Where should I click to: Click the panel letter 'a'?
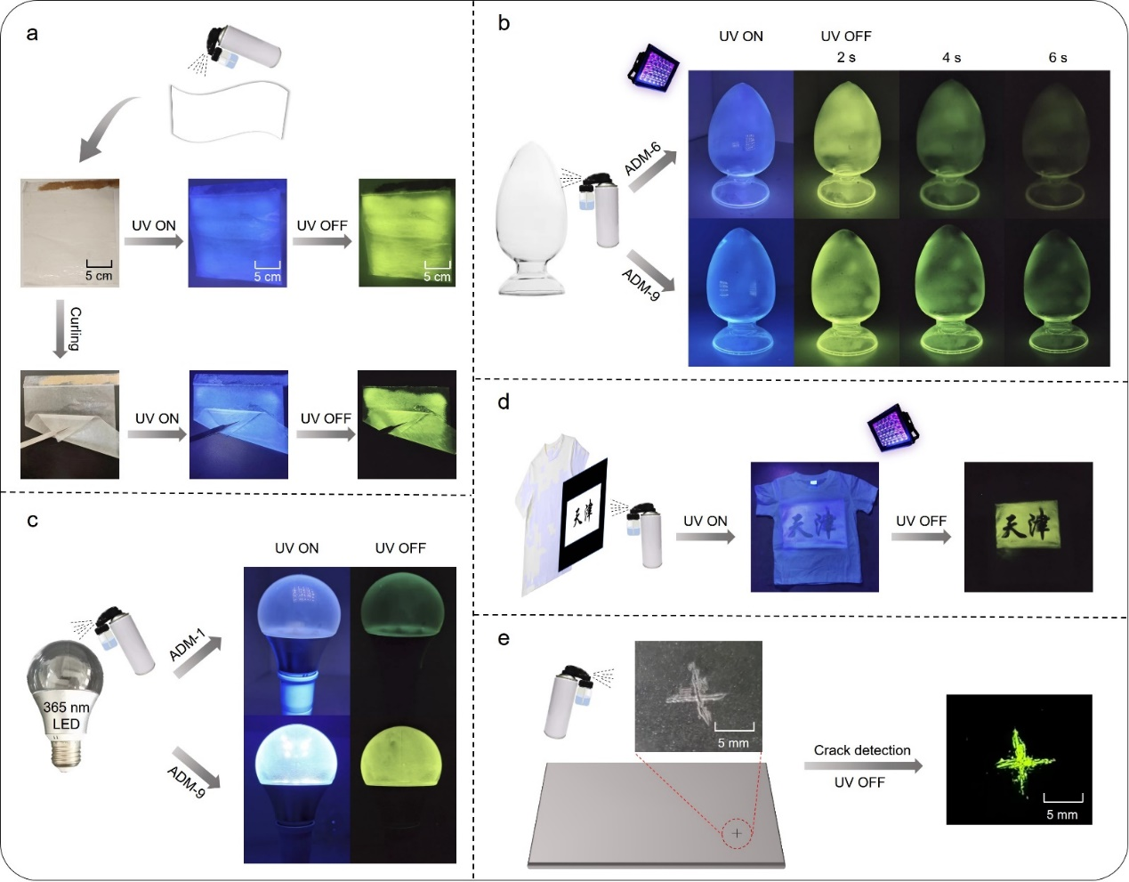[32, 35]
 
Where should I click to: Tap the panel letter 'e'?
[504, 639]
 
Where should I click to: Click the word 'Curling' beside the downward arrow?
[76, 329]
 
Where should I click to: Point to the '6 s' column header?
[1057, 58]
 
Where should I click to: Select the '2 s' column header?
[846, 57]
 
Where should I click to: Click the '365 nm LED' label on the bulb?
[66, 716]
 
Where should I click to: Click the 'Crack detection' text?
[862, 750]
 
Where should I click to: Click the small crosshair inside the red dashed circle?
[737, 833]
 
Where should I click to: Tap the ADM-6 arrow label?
[642, 159]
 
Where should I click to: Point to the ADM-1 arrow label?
[188, 645]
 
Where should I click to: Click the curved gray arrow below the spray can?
[107, 128]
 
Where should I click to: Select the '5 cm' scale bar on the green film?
[437, 271]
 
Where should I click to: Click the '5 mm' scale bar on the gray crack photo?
[734, 735]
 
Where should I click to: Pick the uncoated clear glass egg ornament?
[531, 219]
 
